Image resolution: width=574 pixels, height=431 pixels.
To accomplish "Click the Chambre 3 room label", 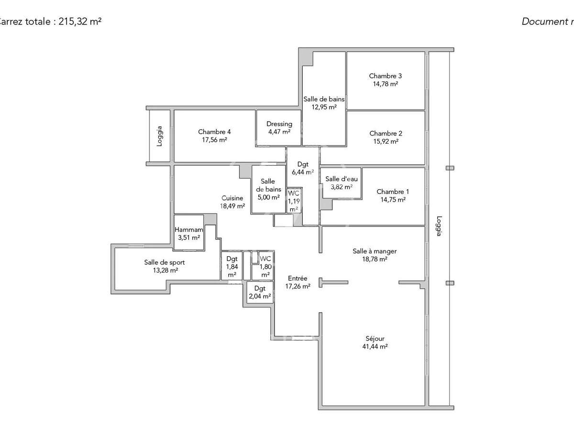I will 385,76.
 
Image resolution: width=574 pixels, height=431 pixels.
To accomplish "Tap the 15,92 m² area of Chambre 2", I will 385,141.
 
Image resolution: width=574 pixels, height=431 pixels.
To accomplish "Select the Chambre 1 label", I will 392,192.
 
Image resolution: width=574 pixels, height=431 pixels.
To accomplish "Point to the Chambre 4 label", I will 214,132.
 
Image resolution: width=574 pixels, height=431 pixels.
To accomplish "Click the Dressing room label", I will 279,124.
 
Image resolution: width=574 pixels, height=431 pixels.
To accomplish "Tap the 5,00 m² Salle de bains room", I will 268,189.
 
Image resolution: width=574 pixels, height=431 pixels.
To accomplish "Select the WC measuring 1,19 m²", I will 293,201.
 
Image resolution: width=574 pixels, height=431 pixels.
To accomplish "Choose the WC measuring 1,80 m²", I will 265,267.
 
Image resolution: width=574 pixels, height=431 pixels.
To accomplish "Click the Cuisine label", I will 232,198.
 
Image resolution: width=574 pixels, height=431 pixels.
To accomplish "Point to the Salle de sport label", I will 164,262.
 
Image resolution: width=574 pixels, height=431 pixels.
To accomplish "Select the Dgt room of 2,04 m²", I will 260,292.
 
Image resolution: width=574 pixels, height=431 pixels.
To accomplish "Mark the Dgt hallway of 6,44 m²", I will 302,168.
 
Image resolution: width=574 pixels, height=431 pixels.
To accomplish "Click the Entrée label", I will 298,278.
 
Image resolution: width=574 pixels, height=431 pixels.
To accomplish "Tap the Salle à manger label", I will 375,251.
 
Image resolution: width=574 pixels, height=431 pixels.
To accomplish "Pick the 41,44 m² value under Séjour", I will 375,347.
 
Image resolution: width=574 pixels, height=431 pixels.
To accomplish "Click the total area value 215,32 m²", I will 80,22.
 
